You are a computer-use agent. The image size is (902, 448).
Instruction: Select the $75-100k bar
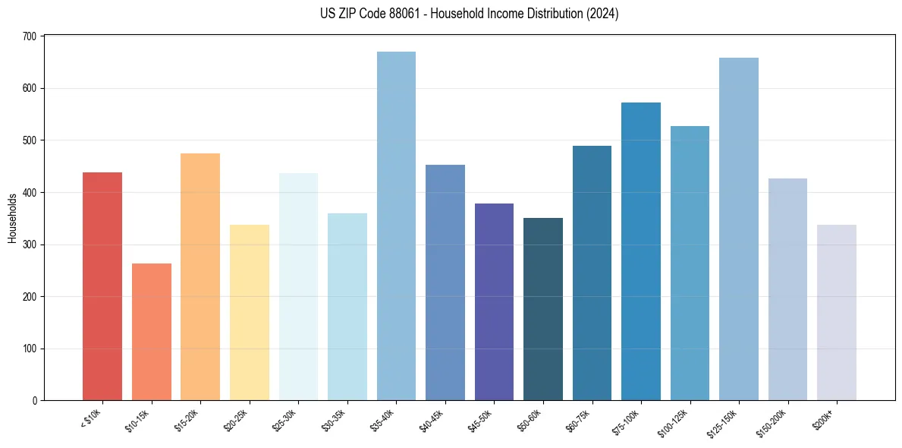[641, 251]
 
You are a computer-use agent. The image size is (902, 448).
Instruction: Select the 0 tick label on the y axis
[36, 401]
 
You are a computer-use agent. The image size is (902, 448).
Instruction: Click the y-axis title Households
[13, 218]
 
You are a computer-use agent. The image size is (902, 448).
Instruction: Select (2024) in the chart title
[602, 14]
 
